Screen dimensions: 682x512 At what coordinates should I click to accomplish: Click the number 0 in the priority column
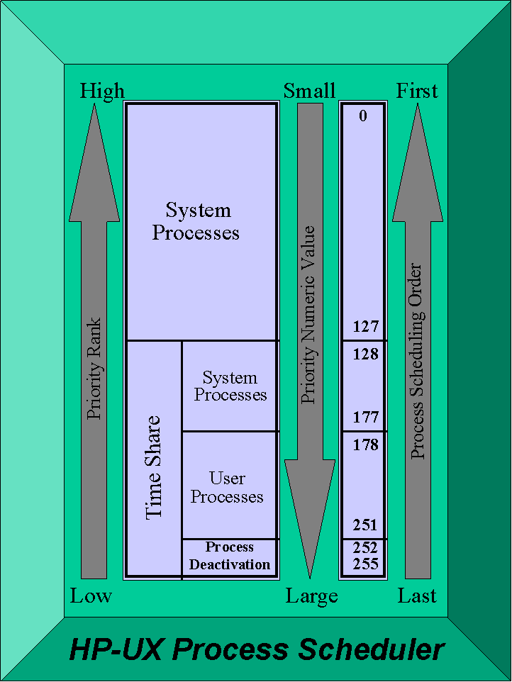[363, 116]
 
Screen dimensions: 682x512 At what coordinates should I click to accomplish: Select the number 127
[366, 327]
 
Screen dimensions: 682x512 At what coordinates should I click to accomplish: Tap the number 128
[366, 354]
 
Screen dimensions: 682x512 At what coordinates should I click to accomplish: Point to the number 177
[366, 417]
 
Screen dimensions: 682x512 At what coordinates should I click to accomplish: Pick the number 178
[366, 445]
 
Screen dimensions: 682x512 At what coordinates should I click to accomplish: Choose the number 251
[366, 525]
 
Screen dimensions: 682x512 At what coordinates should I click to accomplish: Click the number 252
[366, 548]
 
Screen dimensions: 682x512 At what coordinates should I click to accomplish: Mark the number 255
[366, 564]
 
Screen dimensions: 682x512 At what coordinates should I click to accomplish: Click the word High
[102, 91]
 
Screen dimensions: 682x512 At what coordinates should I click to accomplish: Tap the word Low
[91, 596]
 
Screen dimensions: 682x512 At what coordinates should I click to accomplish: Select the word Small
[310, 91]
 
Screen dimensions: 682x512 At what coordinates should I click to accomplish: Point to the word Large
[312, 597]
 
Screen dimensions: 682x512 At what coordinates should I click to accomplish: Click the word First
[417, 91]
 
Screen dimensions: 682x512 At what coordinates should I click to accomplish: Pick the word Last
[417, 596]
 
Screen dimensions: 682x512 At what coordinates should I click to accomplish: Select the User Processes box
[228, 487]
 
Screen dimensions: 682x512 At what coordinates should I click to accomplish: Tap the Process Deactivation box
[230, 557]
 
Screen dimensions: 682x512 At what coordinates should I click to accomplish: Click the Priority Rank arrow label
[94, 369]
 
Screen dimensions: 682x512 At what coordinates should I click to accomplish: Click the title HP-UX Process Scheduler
[256, 649]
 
